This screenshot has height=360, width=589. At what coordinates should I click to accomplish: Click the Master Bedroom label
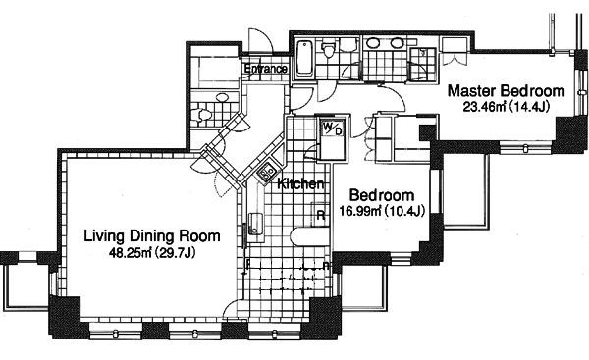tap(506, 91)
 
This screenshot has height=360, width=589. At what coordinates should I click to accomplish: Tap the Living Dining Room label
tap(152, 236)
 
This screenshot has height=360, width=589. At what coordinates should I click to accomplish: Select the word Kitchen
tap(300, 184)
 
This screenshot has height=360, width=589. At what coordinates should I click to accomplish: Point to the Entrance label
tap(266, 69)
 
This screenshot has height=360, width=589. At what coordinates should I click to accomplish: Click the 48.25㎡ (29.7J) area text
tap(152, 253)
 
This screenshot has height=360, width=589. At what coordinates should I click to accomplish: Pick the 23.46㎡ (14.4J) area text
tap(506, 107)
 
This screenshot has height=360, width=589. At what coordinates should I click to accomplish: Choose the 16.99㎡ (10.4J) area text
tap(382, 211)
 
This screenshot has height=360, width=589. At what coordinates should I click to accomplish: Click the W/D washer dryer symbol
tap(333, 128)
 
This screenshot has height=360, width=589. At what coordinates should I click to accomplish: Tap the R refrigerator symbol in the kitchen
tap(321, 216)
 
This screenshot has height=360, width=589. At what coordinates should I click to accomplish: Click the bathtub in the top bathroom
tap(304, 59)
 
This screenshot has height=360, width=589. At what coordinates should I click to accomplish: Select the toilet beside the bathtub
tap(329, 50)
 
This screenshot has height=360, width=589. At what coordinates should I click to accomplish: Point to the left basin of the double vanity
tap(373, 43)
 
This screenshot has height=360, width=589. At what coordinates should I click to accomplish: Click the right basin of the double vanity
tap(397, 43)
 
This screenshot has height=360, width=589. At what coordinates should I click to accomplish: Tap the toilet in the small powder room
tap(199, 115)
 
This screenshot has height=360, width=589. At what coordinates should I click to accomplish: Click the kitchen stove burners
tap(267, 173)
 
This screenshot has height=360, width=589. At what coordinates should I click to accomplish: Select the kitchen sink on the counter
tap(254, 224)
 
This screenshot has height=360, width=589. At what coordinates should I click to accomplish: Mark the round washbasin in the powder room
tap(223, 97)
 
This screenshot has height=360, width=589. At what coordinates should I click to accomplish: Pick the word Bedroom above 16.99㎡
tap(382, 195)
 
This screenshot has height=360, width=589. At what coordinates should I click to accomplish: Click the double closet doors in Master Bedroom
tap(454, 59)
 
